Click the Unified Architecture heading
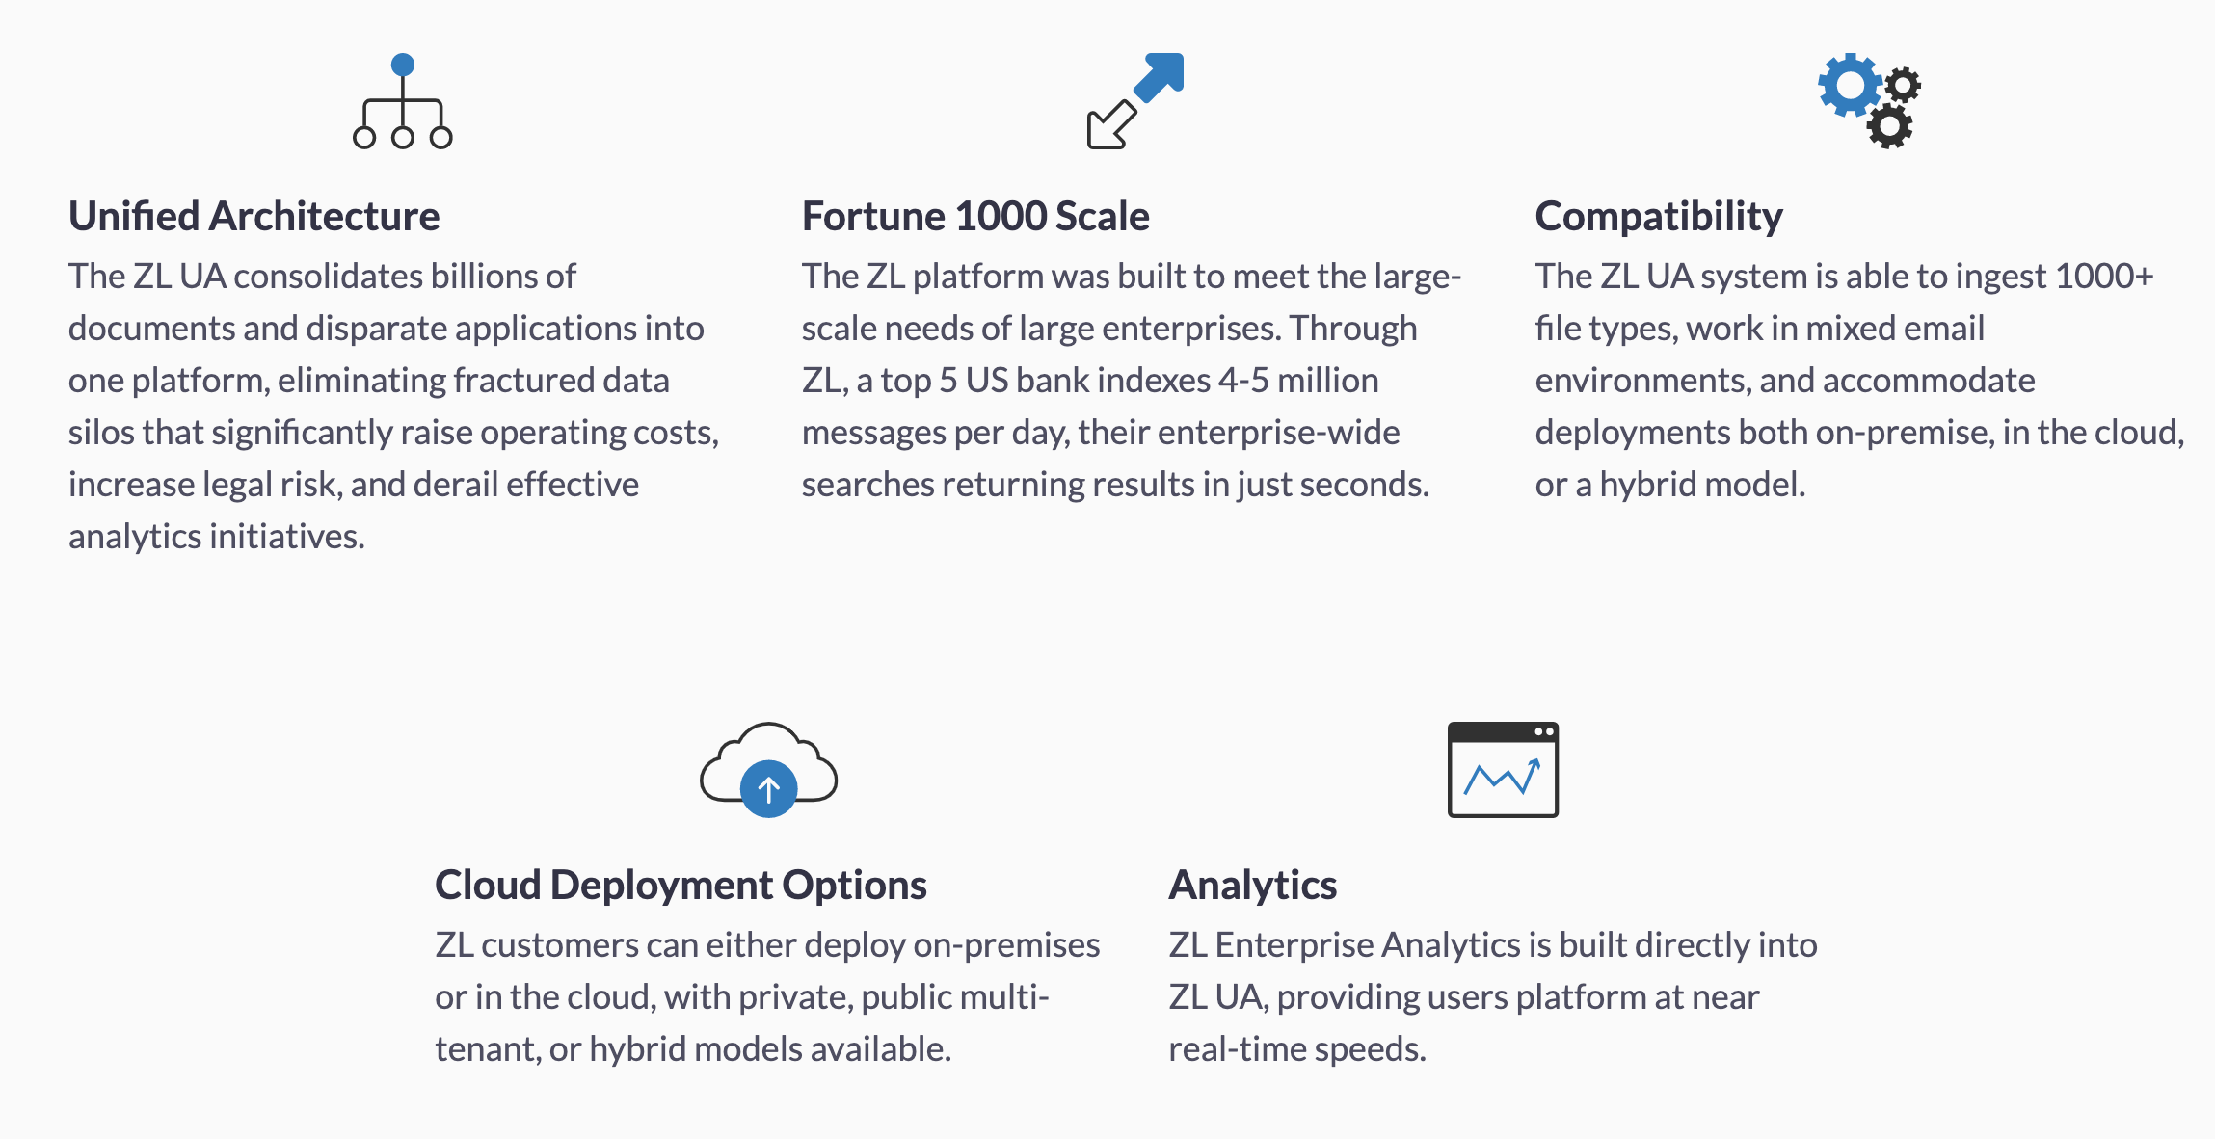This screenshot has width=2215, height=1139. point(254,217)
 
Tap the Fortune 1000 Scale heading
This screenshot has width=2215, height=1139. point(975,217)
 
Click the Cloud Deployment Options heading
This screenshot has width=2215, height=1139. point(681,886)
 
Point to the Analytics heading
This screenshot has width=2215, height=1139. point(1252,886)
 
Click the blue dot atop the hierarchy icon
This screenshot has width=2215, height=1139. point(403,66)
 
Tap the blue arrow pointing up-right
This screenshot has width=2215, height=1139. point(1160,76)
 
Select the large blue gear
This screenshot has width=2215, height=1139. point(1850,85)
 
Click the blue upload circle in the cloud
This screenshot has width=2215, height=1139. point(768,789)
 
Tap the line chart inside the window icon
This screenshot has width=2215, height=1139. point(1502,777)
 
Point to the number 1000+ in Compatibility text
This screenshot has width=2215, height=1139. point(2104,277)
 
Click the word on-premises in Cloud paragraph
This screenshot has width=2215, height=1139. point(1006,946)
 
